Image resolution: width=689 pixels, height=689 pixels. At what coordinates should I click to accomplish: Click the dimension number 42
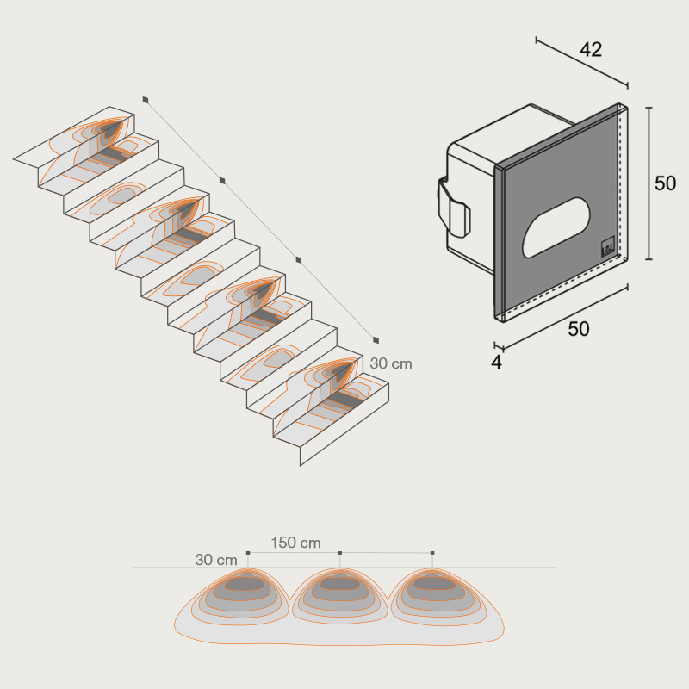(x=591, y=50)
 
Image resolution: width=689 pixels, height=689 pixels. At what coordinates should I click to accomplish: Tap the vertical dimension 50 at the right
(x=665, y=183)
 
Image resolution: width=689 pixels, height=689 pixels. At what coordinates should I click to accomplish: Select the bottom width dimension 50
(x=578, y=329)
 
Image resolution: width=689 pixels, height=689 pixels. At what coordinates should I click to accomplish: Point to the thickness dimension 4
(x=496, y=363)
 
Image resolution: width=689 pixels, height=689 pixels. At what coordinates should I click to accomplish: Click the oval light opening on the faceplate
(x=556, y=227)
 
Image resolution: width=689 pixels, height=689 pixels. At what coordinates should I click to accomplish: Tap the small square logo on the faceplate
(x=607, y=247)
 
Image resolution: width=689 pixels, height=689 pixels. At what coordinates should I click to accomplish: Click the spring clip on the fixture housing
(x=454, y=207)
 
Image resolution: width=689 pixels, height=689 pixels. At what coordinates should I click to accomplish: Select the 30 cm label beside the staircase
(x=391, y=363)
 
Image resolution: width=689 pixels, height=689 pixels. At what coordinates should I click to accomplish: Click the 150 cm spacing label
(x=295, y=543)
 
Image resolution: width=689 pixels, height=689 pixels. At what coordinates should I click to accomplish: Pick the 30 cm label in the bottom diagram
(x=216, y=560)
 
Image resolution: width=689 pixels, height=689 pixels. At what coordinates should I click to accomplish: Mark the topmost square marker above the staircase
(x=146, y=100)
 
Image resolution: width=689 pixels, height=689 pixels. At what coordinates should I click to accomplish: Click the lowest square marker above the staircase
(x=376, y=339)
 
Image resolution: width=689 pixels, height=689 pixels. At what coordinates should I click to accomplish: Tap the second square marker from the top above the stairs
(x=222, y=180)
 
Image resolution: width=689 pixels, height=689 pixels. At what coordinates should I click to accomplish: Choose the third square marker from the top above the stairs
(x=299, y=260)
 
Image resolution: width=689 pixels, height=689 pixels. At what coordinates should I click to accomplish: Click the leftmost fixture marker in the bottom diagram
(x=248, y=553)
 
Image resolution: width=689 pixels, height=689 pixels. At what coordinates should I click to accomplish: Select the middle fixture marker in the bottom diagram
(x=339, y=553)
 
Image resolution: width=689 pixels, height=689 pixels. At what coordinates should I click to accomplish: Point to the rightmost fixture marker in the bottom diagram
(x=432, y=553)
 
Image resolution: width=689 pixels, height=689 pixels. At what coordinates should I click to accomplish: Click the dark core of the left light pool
(x=244, y=583)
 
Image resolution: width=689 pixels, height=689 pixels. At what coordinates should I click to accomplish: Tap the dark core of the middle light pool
(x=339, y=583)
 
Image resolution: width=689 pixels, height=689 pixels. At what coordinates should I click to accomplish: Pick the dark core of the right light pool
(x=433, y=583)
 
